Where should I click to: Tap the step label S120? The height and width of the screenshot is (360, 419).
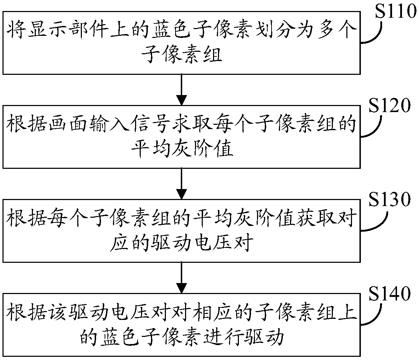[x=390, y=105]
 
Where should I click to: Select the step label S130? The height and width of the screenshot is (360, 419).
[x=390, y=200]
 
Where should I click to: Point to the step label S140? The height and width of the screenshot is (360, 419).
[x=390, y=294]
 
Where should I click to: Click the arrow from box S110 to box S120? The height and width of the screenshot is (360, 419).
[x=181, y=90]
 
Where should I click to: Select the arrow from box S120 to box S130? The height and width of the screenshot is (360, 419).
[x=181, y=184]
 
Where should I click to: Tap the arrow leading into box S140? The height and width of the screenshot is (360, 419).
[x=181, y=278]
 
